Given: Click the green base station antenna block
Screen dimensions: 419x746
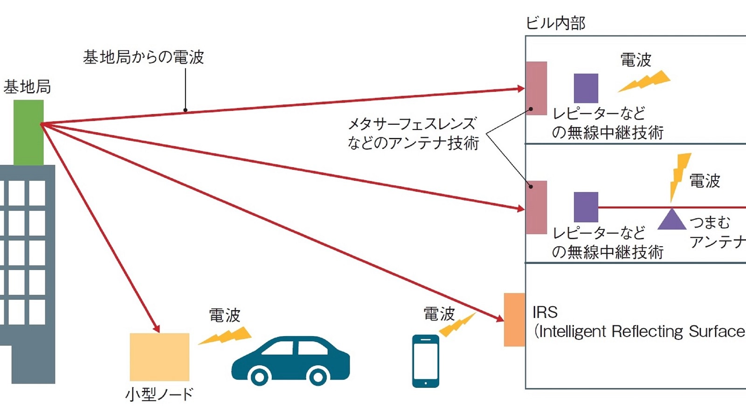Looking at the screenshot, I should pyautogui.click(x=28, y=133).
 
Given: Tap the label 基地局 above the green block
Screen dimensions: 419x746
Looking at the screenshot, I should pyautogui.click(x=27, y=87).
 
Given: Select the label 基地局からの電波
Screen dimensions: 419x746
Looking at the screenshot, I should pyautogui.click(x=144, y=57).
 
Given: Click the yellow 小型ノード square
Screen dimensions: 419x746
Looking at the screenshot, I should pyautogui.click(x=159, y=357).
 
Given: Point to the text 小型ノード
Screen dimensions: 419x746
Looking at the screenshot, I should pyautogui.click(x=159, y=394).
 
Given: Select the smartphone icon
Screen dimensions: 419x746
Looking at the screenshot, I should pyautogui.click(x=425, y=361).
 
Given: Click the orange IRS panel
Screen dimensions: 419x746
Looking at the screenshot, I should pyautogui.click(x=514, y=320).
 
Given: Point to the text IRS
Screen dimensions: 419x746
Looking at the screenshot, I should pyautogui.click(x=545, y=312).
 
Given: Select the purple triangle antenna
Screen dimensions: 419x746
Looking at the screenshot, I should pyautogui.click(x=671, y=219).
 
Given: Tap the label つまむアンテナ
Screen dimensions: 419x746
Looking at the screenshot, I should pyautogui.click(x=716, y=232).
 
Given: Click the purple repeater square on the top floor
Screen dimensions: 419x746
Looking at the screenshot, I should pyautogui.click(x=586, y=88).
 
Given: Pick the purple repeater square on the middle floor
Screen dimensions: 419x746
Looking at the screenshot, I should pyautogui.click(x=586, y=207).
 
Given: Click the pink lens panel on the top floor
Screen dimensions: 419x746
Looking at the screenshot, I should pyautogui.click(x=536, y=88).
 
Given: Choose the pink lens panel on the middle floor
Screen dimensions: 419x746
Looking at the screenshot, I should pyautogui.click(x=536, y=208).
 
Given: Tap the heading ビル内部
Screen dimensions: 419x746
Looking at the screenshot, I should pyautogui.click(x=555, y=23).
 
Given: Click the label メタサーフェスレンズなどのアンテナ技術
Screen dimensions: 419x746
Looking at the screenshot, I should pyautogui.click(x=413, y=133).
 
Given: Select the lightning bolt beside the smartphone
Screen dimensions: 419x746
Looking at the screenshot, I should pyautogui.click(x=457, y=324).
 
